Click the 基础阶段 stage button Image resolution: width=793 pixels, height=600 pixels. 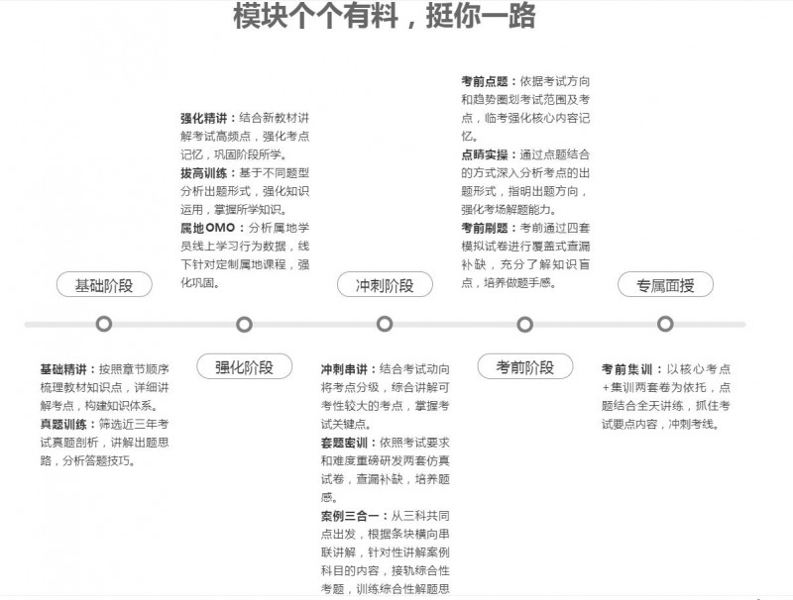[104, 285]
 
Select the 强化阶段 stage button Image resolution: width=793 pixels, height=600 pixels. [244, 366]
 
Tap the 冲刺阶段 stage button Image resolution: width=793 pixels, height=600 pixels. [384, 285]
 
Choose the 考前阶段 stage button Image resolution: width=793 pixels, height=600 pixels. [524, 366]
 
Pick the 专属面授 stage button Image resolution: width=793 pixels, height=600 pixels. [665, 285]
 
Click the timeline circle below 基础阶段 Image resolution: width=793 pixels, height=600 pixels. [104, 324]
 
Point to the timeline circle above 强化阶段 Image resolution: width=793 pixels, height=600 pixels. [244, 324]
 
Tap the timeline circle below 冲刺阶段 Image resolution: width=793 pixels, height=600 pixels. [384, 324]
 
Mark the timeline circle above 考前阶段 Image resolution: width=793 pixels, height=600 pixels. [524, 324]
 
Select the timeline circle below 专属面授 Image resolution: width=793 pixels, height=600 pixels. [665, 324]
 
